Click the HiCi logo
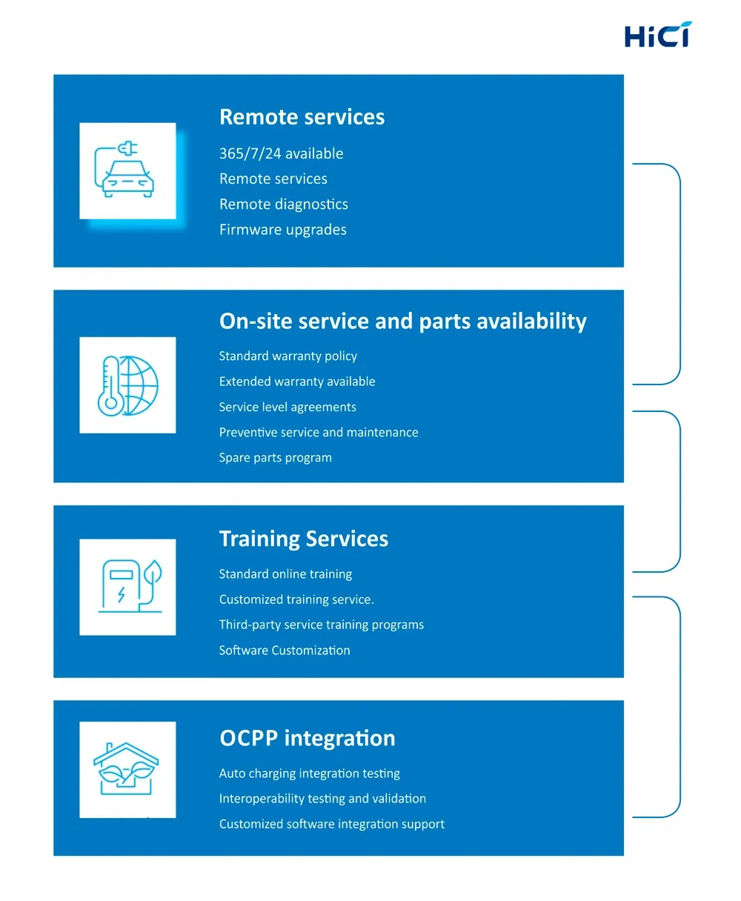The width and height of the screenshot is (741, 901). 657,35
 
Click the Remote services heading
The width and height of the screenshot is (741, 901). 302,117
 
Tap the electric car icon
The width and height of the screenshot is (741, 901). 127,170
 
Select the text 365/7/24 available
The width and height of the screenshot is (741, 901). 281,153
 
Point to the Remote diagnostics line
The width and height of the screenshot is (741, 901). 283,204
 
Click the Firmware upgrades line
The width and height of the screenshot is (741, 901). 282,230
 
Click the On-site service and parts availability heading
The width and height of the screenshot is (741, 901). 402,321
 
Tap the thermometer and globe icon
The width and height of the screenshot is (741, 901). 127,385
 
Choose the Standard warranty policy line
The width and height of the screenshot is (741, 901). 288,356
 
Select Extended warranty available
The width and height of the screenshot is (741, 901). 296,382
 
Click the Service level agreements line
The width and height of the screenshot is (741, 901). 288,407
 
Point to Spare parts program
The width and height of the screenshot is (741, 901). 275,457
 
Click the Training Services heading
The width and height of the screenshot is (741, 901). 303,539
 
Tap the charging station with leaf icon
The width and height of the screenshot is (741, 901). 127,587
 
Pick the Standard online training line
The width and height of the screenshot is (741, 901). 285,574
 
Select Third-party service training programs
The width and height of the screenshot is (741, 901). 321,625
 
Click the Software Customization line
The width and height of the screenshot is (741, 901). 285,651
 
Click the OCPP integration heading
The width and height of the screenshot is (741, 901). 307,738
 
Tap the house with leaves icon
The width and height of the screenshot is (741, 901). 127,769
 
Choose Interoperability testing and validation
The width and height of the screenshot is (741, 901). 322,799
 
